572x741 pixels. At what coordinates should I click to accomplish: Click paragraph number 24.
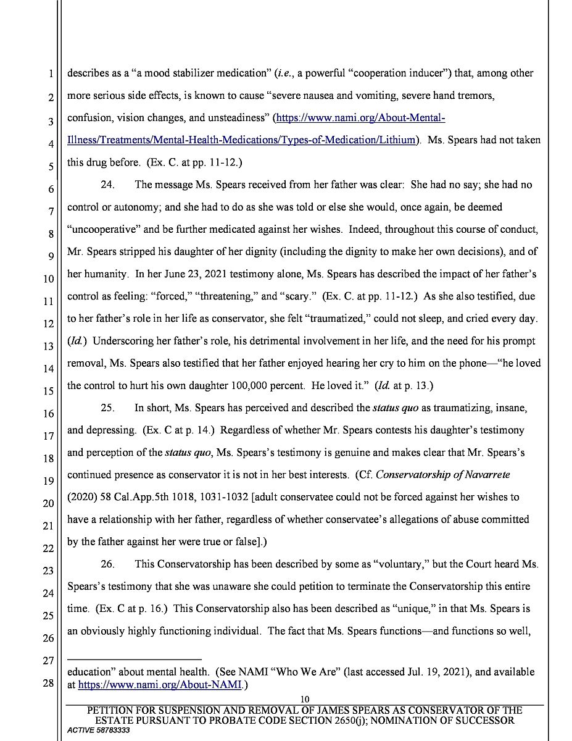107,185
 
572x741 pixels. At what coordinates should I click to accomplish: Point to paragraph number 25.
107,408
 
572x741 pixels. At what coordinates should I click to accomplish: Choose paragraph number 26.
107,564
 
